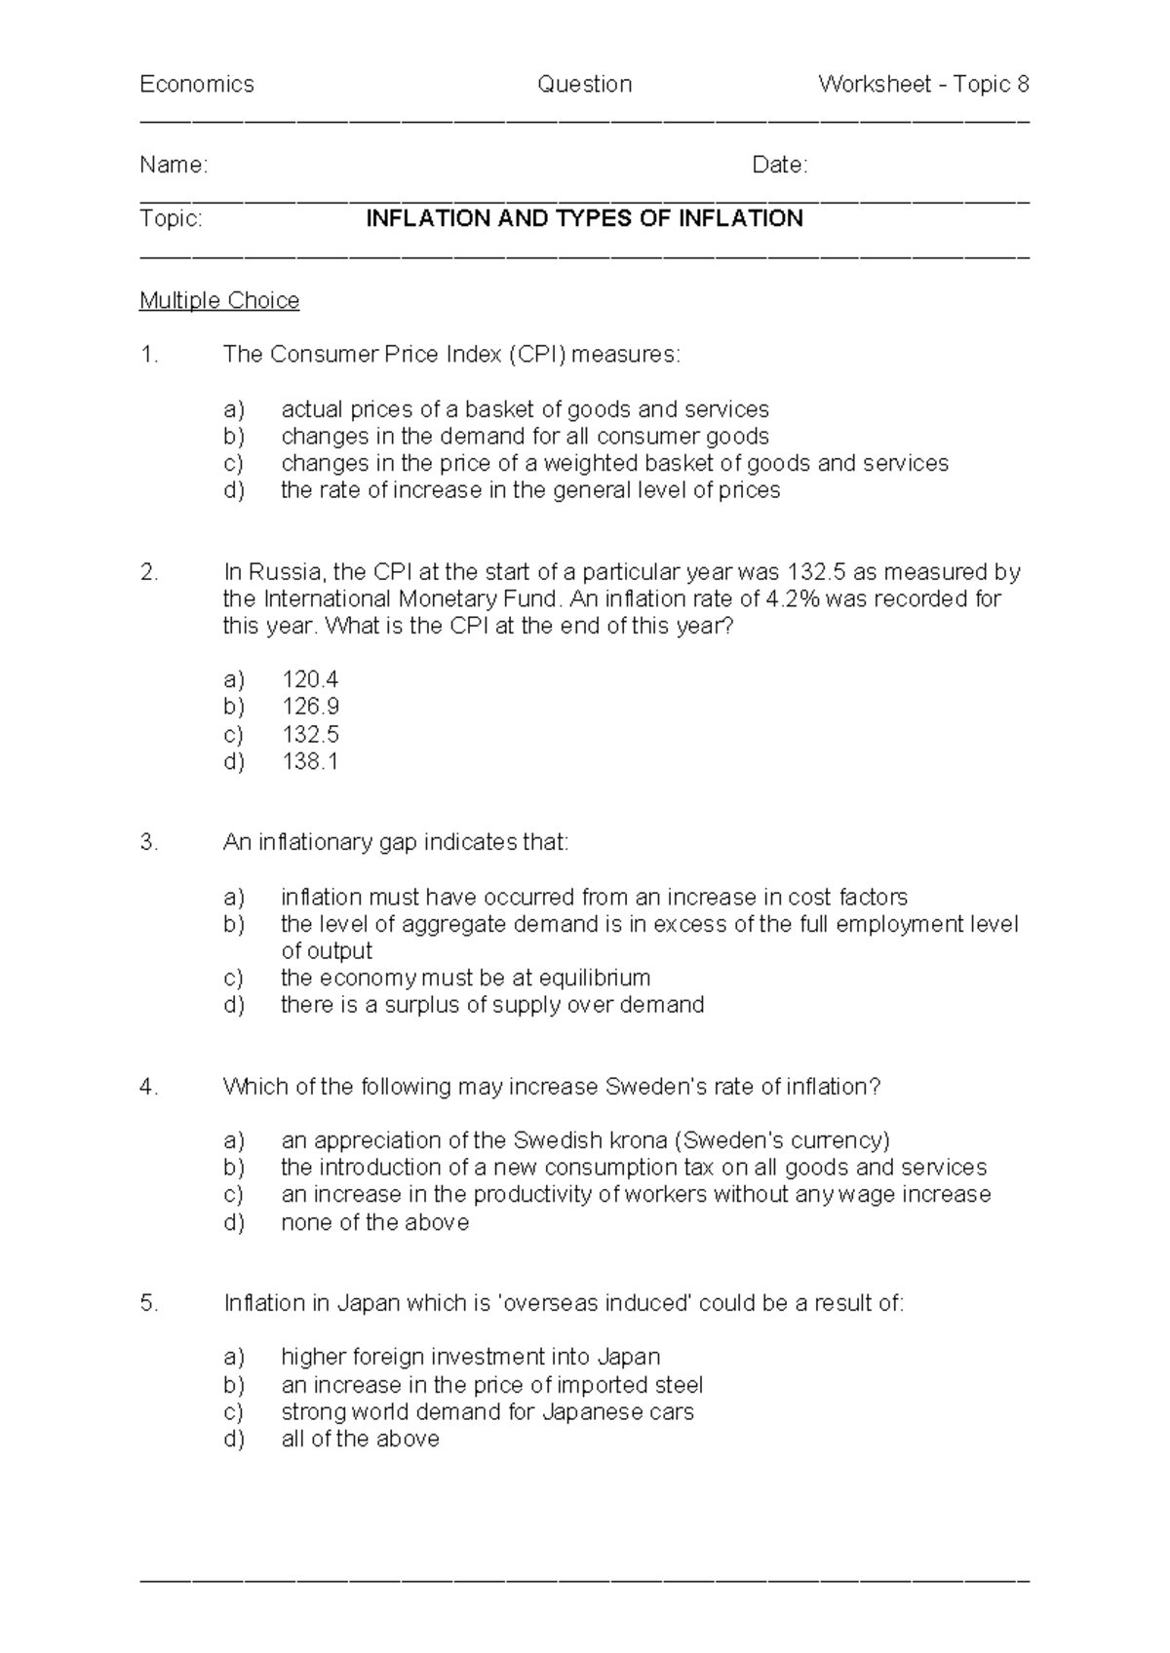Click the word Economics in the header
click(196, 85)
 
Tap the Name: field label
click(174, 166)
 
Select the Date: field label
click(780, 166)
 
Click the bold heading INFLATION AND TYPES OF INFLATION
click(584, 218)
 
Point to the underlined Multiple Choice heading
click(219, 300)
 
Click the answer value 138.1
click(310, 761)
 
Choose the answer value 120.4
click(310, 679)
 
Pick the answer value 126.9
click(310, 707)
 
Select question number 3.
click(148, 842)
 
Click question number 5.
click(148, 1303)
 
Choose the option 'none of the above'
click(374, 1222)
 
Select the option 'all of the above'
click(360, 1440)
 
